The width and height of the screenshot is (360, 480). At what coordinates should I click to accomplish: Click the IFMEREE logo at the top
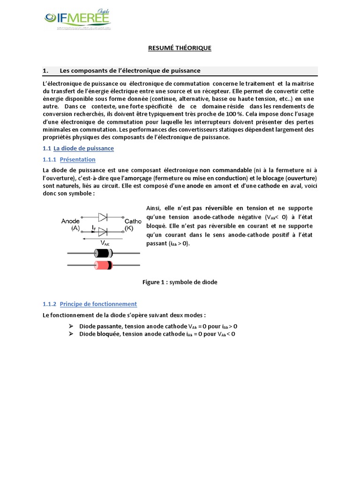click(77, 19)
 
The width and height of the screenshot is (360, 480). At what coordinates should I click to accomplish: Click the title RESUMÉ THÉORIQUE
click(180, 48)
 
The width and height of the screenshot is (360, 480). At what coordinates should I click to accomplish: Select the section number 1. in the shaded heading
click(45, 71)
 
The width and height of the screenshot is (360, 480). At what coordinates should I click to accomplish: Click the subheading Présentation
click(78, 160)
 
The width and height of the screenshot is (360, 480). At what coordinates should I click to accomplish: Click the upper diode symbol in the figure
click(103, 217)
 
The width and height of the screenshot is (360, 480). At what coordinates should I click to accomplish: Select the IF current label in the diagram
click(94, 227)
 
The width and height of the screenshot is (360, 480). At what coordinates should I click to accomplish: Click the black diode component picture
click(103, 254)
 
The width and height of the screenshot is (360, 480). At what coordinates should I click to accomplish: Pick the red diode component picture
click(103, 265)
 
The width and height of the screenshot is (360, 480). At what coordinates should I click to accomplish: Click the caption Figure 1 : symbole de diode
click(180, 282)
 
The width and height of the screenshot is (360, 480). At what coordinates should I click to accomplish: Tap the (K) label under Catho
click(128, 228)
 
